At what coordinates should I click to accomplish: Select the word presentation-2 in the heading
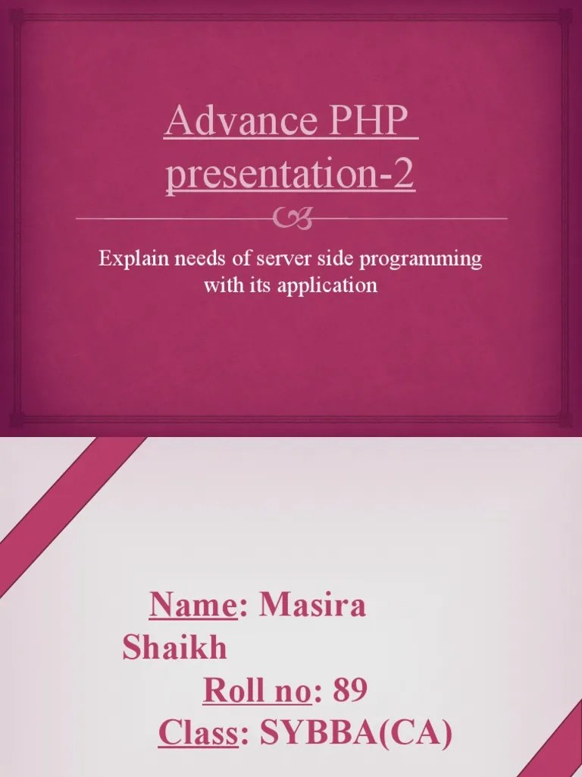pos(290,175)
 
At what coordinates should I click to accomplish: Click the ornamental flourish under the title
pos(291,219)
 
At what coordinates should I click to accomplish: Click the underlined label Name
pos(193,606)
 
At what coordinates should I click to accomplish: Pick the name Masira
pos(312,606)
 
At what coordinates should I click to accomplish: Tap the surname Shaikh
pos(174,649)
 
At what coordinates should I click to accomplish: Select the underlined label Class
pos(199,734)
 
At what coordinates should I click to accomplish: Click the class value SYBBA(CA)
pos(356,734)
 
